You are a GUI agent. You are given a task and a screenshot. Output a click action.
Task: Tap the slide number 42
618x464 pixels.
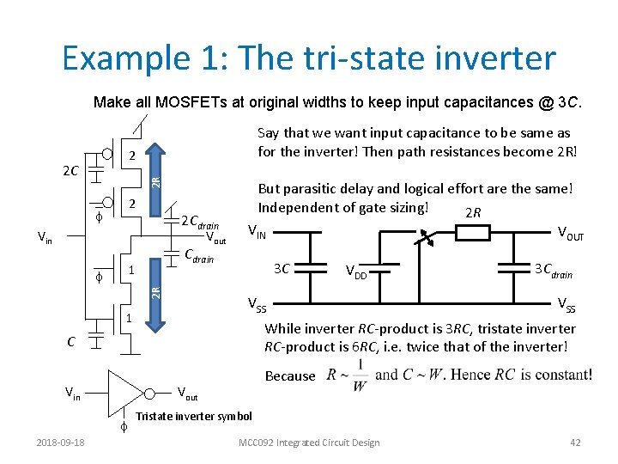pos(575,443)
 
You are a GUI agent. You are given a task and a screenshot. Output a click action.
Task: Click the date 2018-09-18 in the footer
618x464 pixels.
pos(62,443)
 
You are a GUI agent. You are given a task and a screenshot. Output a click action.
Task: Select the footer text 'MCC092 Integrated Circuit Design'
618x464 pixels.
pos(310,443)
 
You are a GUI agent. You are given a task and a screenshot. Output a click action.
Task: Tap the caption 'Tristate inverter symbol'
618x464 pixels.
pos(195,417)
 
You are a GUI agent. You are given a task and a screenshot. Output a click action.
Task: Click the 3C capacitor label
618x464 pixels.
pos(281,268)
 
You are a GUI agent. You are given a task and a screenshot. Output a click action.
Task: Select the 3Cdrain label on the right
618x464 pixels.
pos(553,269)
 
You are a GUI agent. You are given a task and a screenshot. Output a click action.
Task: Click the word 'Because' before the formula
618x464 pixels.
pos(290,375)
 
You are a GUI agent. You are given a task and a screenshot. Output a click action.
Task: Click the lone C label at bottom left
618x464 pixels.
pos(71,342)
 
